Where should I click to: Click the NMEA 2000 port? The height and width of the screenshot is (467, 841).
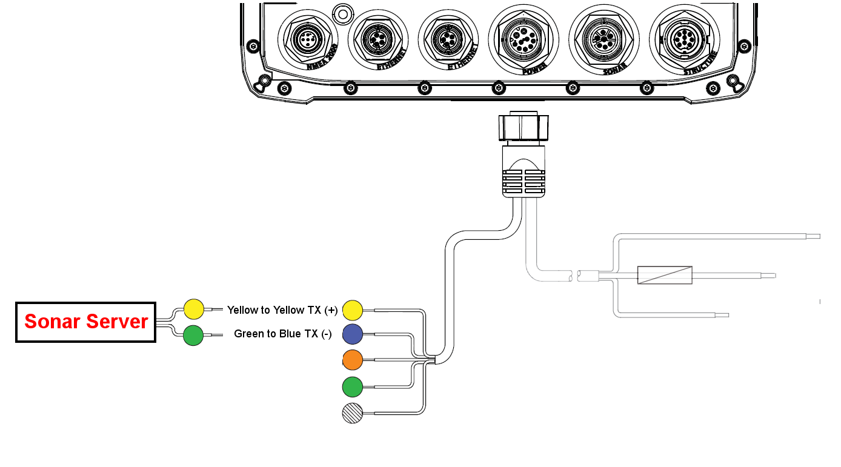point(308,39)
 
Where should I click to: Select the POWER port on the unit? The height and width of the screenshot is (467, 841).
point(524,39)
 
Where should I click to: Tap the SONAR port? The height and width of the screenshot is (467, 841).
point(603,39)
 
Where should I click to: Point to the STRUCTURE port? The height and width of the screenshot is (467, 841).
point(685,39)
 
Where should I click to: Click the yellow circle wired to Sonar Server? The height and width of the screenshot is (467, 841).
point(194,309)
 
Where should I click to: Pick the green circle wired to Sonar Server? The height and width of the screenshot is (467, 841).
point(193,335)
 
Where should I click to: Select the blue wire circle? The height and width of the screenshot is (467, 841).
point(353,334)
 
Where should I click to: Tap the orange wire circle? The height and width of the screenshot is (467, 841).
point(353,360)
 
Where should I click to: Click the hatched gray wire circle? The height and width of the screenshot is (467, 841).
point(353,413)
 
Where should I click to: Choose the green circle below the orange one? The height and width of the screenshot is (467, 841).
point(353,386)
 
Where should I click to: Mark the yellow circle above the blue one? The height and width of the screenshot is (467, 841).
point(353,310)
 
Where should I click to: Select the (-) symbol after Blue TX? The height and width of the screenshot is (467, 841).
point(326,334)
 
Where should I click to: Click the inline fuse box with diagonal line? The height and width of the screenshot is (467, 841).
point(665,275)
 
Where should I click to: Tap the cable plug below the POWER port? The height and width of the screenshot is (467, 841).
point(524,154)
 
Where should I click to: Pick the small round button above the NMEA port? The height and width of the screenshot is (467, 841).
point(343,15)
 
